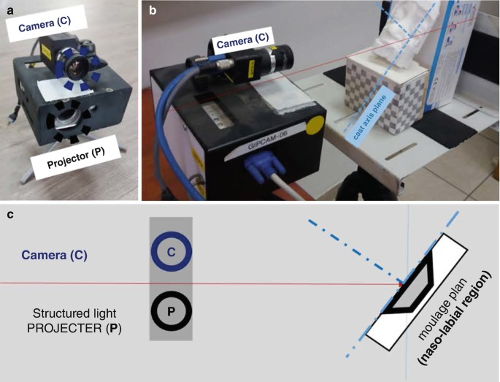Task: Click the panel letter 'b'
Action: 153,9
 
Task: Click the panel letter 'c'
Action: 9,215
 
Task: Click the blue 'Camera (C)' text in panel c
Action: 54,256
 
